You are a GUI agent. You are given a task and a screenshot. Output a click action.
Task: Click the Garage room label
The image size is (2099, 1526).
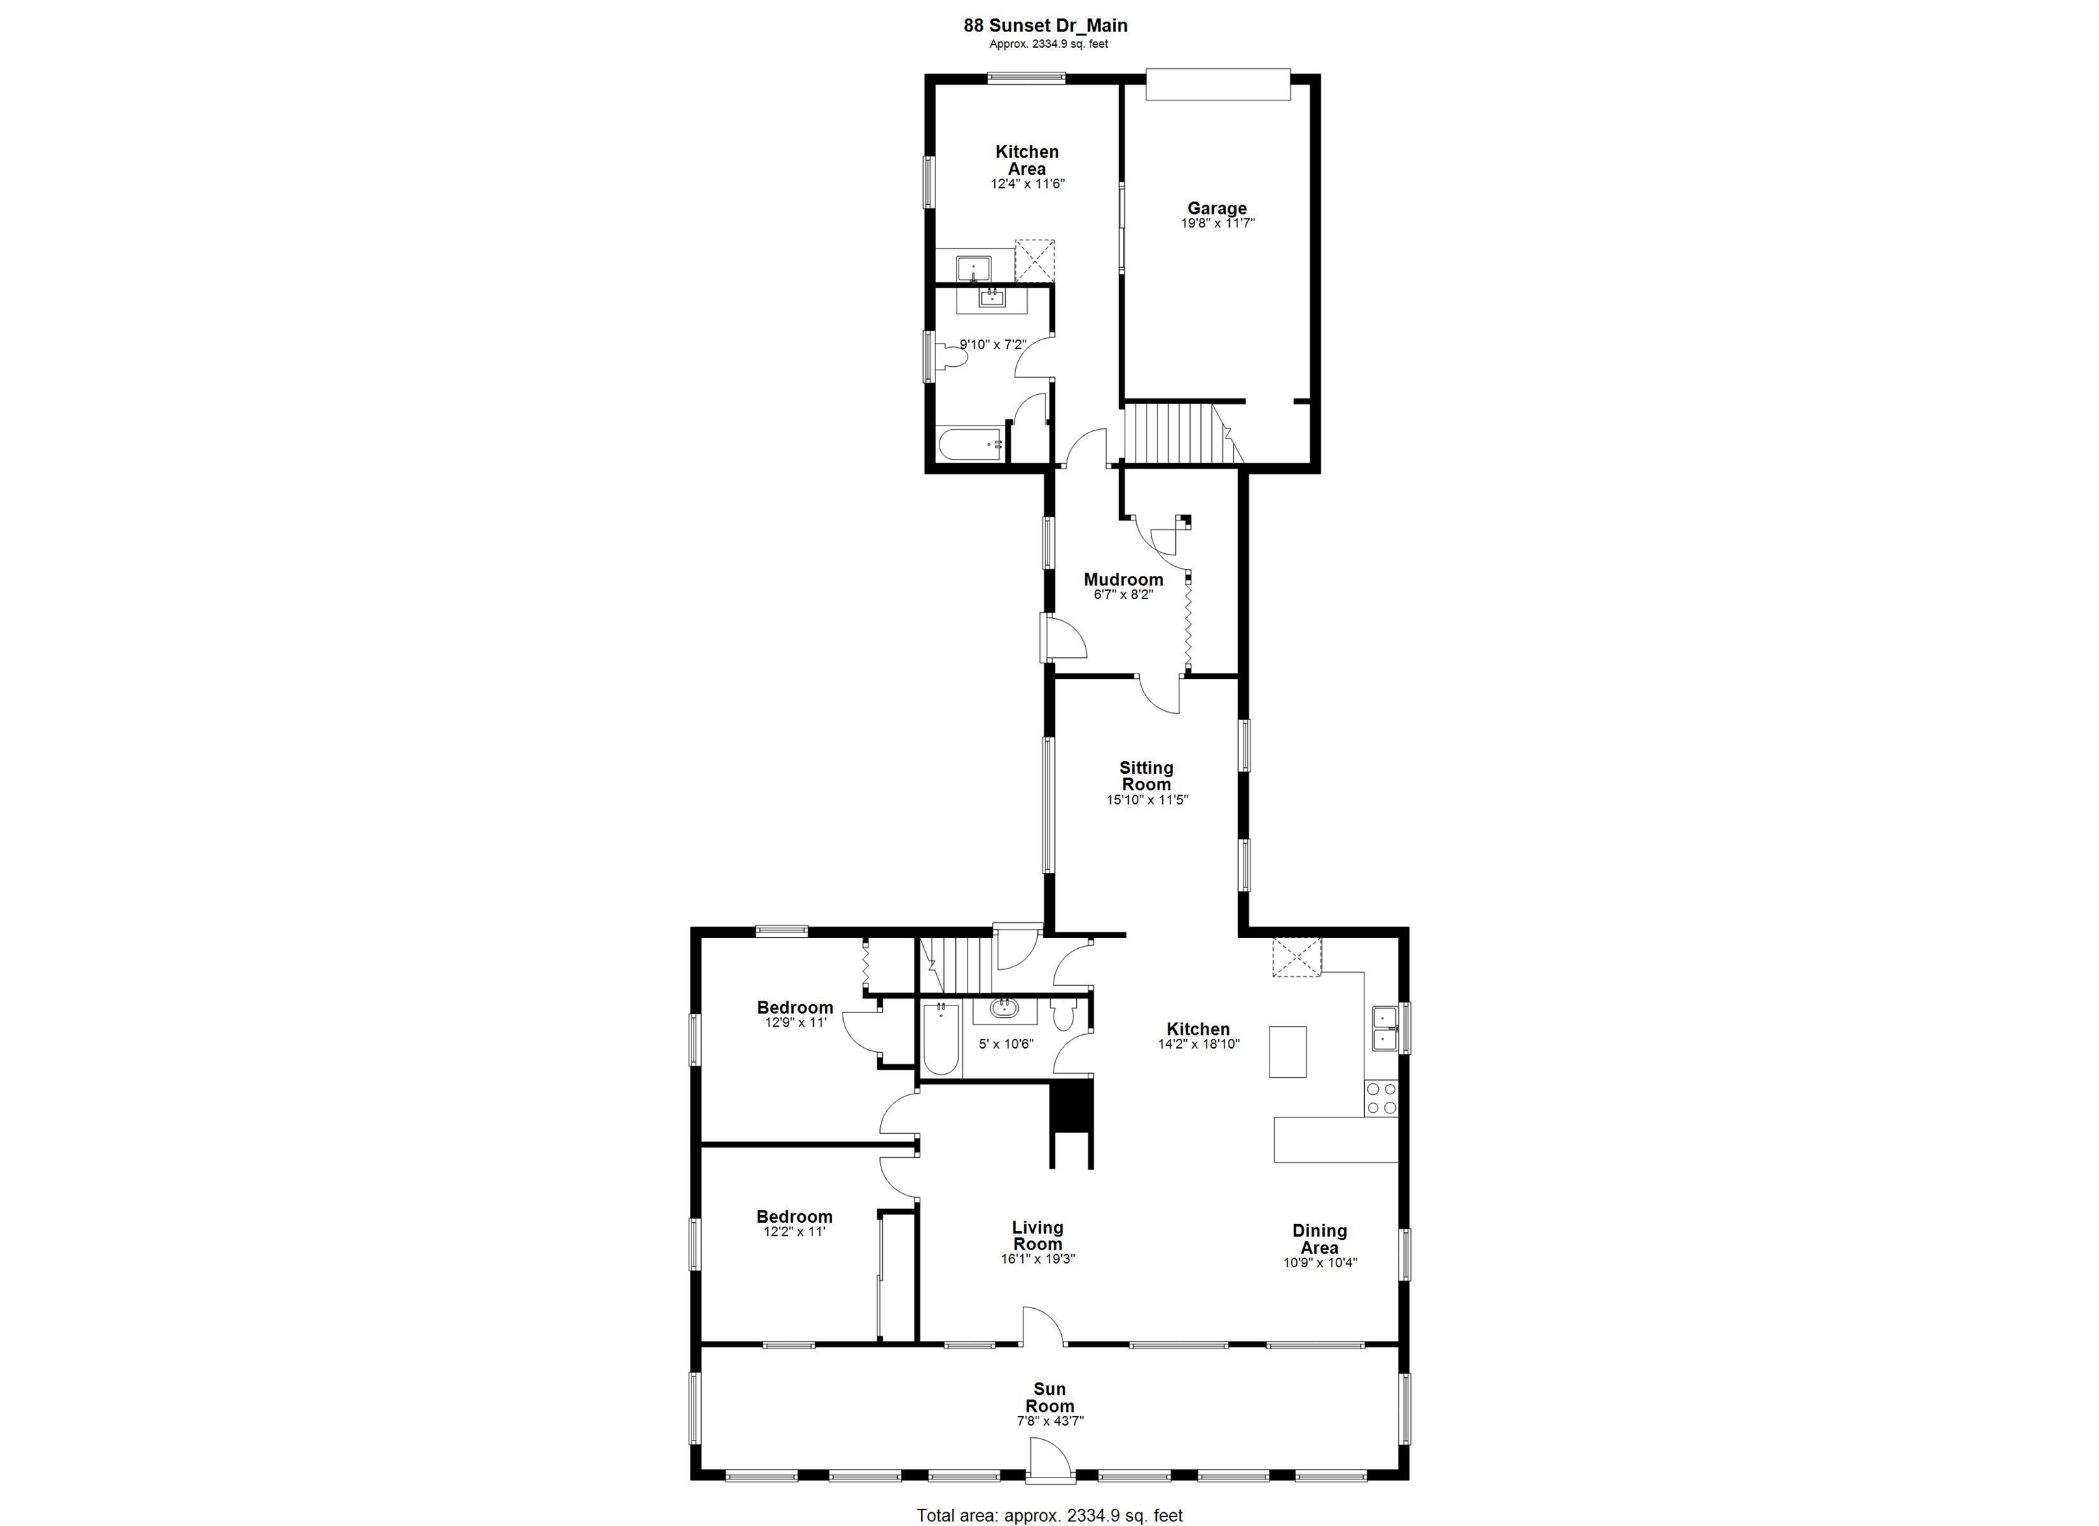[x=1217, y=208]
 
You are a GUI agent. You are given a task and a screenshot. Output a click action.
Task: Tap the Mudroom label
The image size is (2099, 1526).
[x=1123, y=579]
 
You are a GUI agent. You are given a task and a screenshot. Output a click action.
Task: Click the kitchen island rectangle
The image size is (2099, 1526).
[x=1287, y=1051]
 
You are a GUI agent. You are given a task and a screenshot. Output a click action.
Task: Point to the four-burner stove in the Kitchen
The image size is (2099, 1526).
[x=1381, y=1098]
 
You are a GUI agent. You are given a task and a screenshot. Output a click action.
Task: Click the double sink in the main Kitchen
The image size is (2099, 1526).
[x=1384, y=1028]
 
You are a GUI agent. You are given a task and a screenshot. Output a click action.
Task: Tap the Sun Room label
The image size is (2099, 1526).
[x=1049, y=1398]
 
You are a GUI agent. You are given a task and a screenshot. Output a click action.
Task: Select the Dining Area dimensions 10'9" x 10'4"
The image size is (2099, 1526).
[x=1320, y=1262]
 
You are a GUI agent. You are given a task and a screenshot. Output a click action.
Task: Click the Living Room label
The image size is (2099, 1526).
[x=1037, y=1236]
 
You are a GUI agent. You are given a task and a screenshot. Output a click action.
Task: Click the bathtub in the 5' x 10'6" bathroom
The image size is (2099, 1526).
[x=939, y=1041]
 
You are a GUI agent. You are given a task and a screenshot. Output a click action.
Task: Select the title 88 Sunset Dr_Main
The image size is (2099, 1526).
[x=1046, y=26]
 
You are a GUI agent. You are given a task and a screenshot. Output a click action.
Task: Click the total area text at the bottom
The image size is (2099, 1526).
[x=1049, y=1515]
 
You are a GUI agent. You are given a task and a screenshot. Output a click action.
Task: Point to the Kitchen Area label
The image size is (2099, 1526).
[x=1026, y=160]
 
